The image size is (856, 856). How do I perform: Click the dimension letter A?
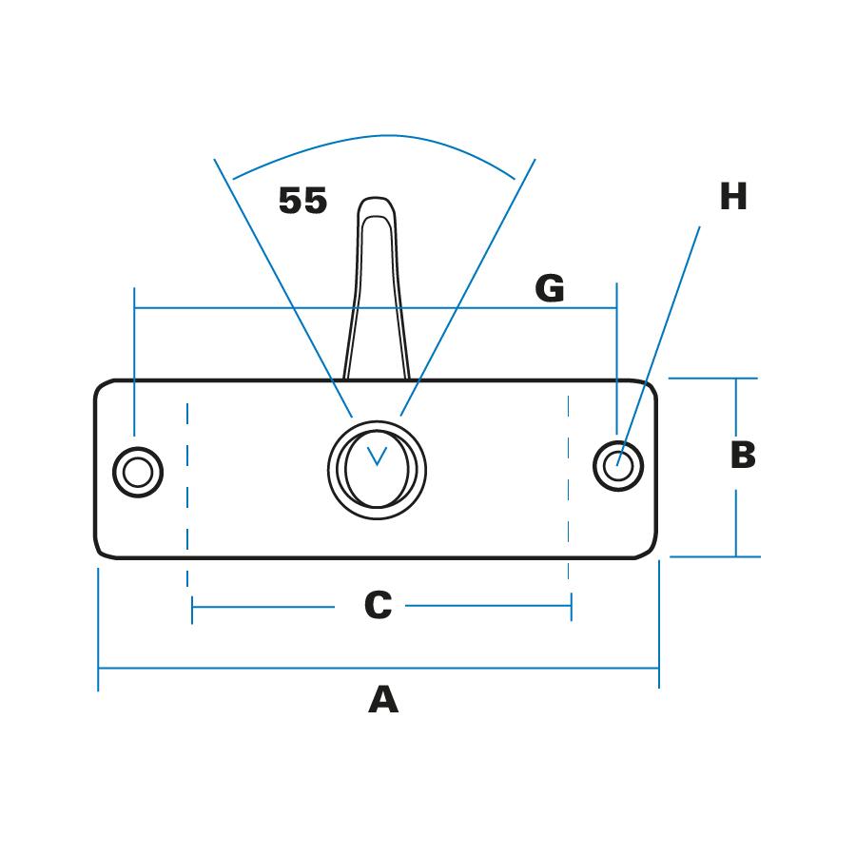(382, 700)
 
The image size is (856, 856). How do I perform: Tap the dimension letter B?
(743, 456)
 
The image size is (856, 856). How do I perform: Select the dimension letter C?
(378, 606)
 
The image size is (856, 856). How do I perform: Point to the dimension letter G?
(550, 289)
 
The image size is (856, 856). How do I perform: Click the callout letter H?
(733, 198)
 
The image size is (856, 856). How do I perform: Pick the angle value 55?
(302, 202)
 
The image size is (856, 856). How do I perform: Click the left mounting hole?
(138, 472)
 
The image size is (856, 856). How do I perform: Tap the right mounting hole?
(618, 466)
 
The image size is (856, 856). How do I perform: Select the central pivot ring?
(377, 470)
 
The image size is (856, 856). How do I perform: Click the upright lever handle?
(377, 295)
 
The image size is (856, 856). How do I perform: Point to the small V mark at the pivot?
(377, 456)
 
